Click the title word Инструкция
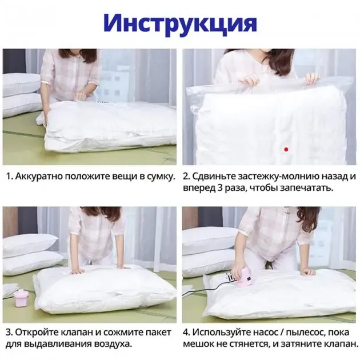180,23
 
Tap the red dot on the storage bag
285,149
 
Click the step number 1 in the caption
8,176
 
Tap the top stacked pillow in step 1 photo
21,85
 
